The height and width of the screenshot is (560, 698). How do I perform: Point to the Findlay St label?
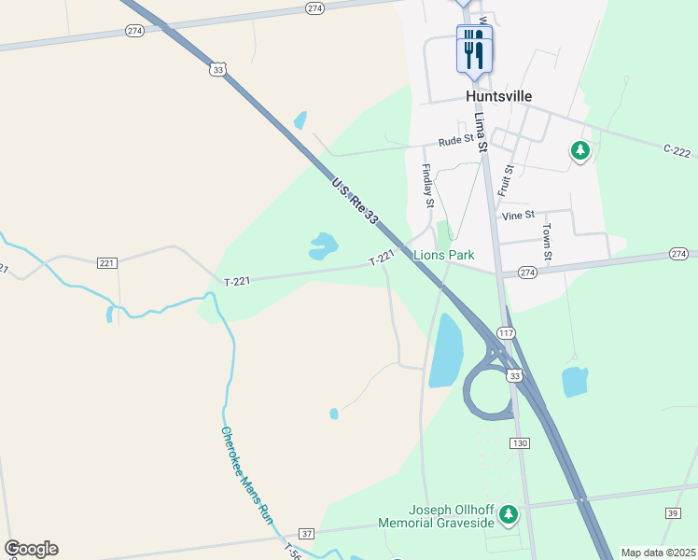(x=427, y=186)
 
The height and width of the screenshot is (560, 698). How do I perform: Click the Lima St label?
(x=482, y=132)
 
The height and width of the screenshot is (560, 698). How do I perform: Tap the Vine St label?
(x=518, y=215)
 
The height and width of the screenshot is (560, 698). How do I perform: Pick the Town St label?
(x=548, y=241)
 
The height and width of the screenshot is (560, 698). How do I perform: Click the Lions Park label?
(x=444, y=255)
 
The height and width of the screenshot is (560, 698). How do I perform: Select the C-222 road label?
(x=677, y=150)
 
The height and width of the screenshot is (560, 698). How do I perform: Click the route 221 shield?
(x=107, y=263)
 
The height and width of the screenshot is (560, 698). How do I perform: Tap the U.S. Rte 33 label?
(x=356, y=201)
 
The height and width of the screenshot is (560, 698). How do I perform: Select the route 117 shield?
(x=506, y=333)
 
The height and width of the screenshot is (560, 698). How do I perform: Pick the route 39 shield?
(x=673, y=513)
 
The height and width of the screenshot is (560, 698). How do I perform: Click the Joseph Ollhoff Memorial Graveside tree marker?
(x=509, y=514)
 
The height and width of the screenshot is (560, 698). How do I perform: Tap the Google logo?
(x=31, y=549)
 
